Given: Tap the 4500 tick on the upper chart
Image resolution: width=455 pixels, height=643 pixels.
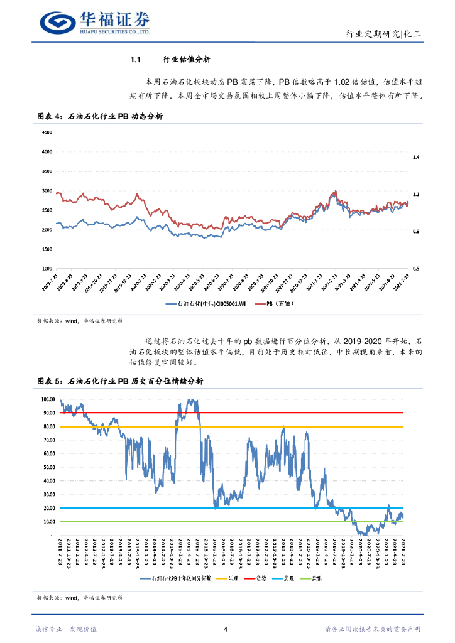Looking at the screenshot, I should (x=47, y=132).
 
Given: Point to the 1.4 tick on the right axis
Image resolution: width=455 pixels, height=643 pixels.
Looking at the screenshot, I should (x=416, y=157).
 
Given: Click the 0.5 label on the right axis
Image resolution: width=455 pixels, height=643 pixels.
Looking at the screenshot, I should (x=416, y=269).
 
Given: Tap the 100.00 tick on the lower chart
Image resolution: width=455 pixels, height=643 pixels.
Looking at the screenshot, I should (x=48, y=399).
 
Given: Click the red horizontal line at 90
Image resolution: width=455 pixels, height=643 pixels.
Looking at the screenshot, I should (x=251, y=413).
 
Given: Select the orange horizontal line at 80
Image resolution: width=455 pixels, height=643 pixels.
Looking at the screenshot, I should (x=251, y=426).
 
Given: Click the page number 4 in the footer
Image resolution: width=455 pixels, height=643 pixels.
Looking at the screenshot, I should (x=226, y=629).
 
